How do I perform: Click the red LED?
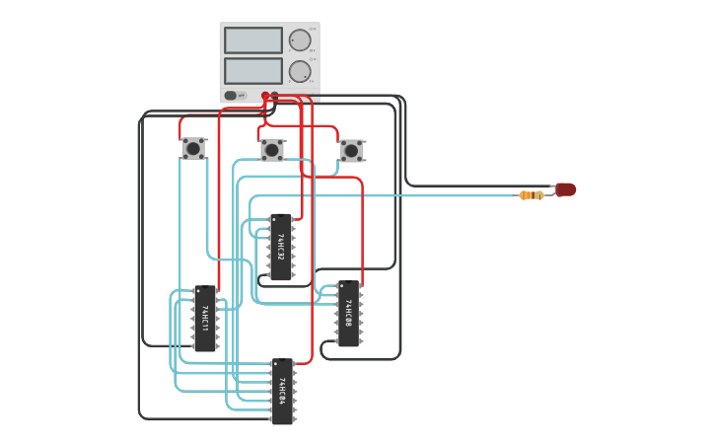565,189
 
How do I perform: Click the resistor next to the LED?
532,195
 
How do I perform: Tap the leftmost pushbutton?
193,149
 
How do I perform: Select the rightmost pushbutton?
351,150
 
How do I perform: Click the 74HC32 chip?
281,248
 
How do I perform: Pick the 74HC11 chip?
204,319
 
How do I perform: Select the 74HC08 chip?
348,314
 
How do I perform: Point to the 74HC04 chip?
282,392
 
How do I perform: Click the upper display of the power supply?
252,40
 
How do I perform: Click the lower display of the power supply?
252,71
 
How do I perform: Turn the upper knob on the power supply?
299,40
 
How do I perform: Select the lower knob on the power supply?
299,71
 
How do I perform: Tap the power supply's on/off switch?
231,96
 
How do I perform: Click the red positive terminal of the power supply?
265,96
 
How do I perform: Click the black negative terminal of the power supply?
275,96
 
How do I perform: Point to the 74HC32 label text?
280,247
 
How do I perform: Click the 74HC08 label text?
348,314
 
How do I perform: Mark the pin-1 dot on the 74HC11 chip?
198,292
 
